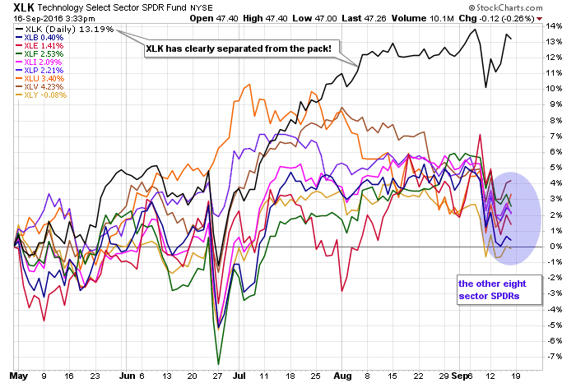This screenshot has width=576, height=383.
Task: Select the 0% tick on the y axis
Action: [x=553, y=247]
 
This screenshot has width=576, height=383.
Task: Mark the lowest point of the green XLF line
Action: [x=218, y=363]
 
